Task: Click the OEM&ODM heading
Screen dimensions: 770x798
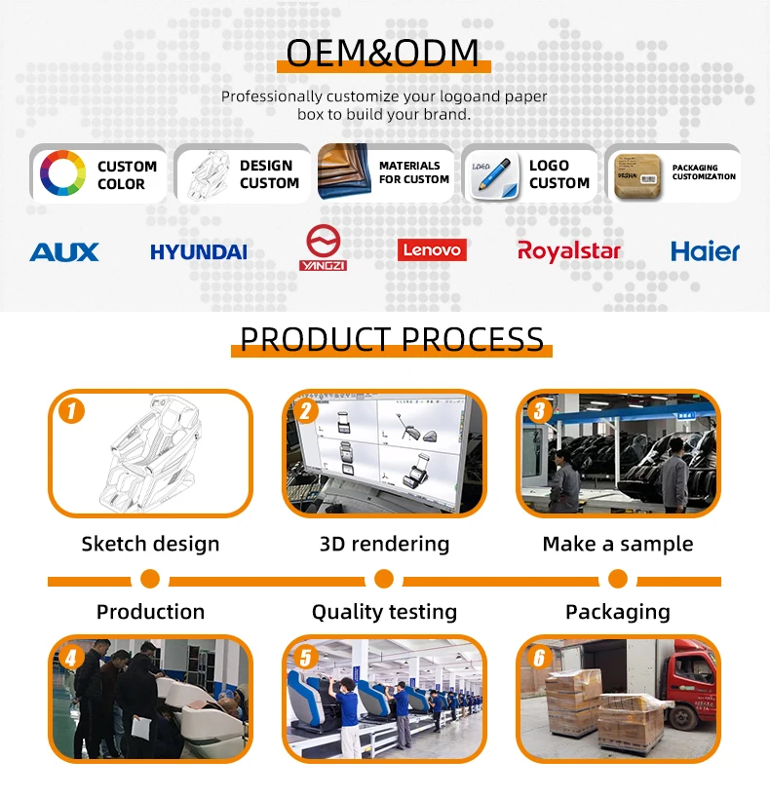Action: pos(383,53)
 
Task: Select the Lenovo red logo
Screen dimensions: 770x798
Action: pos(432,250)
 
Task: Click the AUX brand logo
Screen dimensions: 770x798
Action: pos(64,252)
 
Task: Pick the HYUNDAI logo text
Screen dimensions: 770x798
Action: pos(199,252)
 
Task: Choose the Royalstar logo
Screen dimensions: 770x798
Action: pos(569,251)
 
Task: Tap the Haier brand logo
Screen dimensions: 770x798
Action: pos(705,251)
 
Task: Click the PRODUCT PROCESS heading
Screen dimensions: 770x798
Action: pos(392,339)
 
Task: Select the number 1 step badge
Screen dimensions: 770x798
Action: pos(71,410)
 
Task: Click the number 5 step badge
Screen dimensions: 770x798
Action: pos(305,658)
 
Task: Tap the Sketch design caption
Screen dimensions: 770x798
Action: pos(150,544)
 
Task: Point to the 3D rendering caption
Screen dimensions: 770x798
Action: pos(384,544)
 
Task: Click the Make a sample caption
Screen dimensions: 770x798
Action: pos(618,544)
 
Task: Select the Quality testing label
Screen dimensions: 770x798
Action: pos(384,612)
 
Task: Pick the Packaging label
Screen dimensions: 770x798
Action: pos(618,612)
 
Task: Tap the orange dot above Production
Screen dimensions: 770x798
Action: pos(150,580)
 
